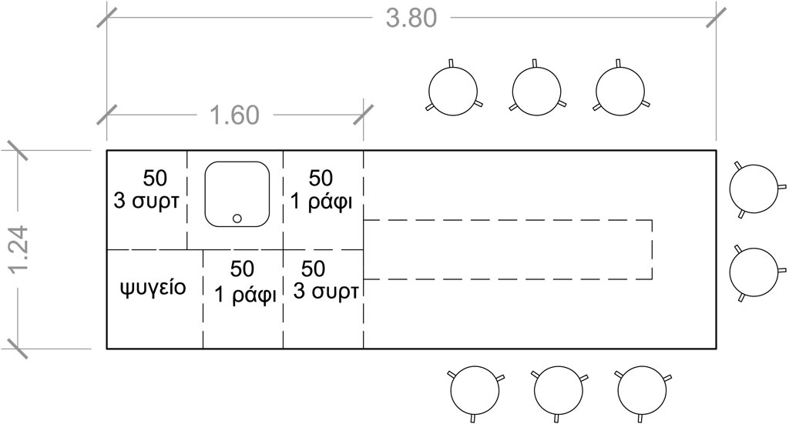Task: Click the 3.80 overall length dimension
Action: click(x=411, y=18)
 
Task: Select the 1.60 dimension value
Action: click(x=234, y=115)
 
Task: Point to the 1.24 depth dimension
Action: click(x=19, y=249)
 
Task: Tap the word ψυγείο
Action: click(x=153, y=288)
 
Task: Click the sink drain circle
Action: click(x=237, y=218)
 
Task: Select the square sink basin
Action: click(x=237, y=194)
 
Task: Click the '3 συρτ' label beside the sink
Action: click(x=146, y=202)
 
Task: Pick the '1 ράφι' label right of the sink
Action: click(x=321, y=202)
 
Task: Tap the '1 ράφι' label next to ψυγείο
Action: click(x=246, y=295)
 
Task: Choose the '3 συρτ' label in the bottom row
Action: click(x=326, y=292)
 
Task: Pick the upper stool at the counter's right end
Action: click(x=754, y=189)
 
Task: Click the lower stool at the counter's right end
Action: click(x=754, y=272)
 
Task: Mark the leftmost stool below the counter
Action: click(x=475, y=390)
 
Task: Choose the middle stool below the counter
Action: click(x=559, y=390)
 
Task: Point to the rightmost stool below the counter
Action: click(x=642, y=390)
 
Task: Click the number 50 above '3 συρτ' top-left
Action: click(x=155, y=178)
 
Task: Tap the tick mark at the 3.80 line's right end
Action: click(x=716, y=18)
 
